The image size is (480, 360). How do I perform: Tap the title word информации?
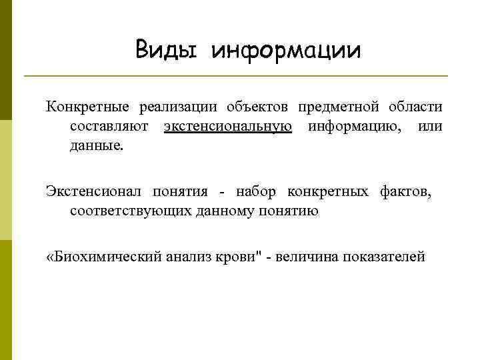pyautogui.click(x=286, y=51)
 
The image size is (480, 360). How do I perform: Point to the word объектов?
pyautogui.click(x=256, y=107)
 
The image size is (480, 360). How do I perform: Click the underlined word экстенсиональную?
pyautogui.click(x=228, y=126)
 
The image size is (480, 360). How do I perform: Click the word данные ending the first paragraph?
pyautogui.click(x=96, y=145)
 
